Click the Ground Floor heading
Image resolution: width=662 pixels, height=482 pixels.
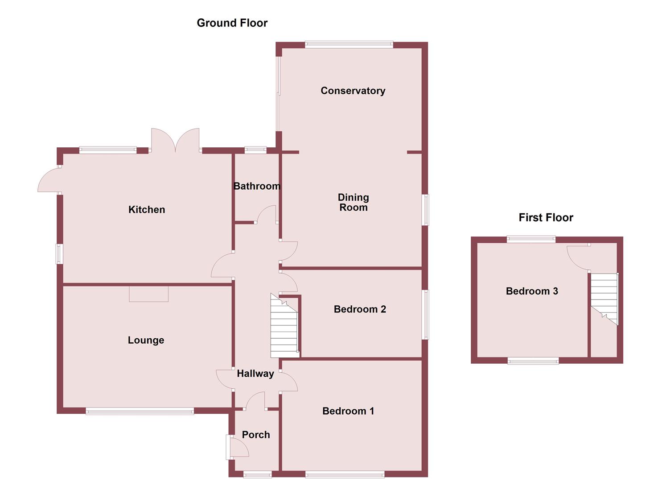click(232, 23)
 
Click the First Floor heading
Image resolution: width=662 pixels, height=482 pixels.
click(546, 217)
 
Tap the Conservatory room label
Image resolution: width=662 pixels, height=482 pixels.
click(353, 91)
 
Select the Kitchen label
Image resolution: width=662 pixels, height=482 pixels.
click(147, 209)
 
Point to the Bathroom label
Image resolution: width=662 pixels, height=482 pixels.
click(257, 186)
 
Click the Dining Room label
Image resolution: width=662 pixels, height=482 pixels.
click(353, 202)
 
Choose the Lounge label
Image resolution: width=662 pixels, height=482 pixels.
click(146, 340)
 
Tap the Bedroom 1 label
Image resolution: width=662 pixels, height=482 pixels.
click(348, 411)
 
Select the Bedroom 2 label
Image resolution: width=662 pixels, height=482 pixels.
click(360, 309)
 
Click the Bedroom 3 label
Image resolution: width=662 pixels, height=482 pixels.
click(532, 291)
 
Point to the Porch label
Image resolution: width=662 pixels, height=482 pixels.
click(256, 435)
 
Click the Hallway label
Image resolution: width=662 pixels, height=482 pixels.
click(255, 374)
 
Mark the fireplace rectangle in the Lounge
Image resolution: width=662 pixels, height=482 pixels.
click(149, 294)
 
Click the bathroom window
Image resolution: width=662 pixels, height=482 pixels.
click(255, 150)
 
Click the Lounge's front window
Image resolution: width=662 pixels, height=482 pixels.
click(140, 411)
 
